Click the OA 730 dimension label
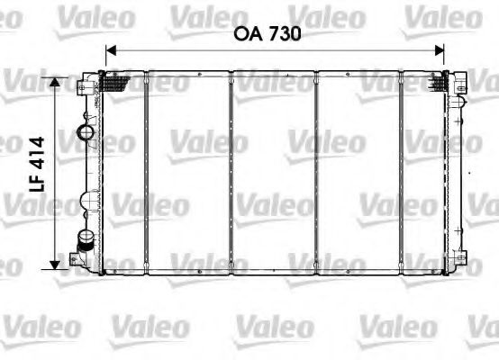(268, 34)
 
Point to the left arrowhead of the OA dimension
(111, 50)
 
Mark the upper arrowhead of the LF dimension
(56, 82)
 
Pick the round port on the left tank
(86, 135)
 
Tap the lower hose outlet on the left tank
(86, 241)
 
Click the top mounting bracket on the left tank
(85, 85)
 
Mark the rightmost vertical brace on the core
(403, 171)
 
